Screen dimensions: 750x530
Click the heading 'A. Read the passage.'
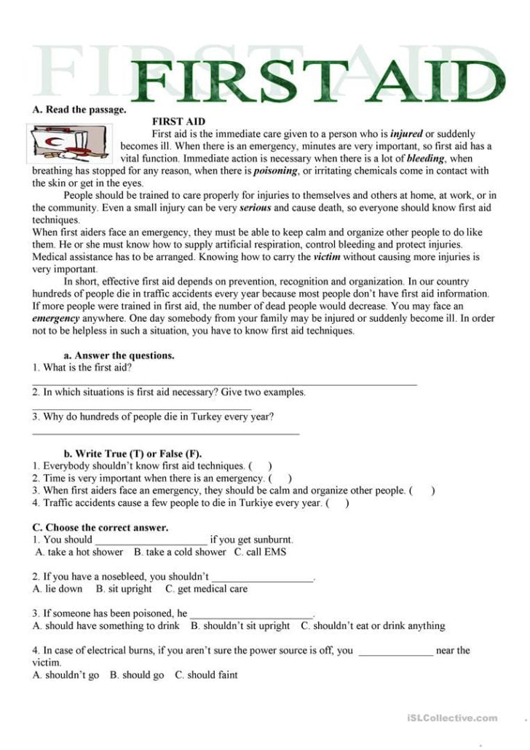pos(79,110)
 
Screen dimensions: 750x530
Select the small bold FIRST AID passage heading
pos(178,122)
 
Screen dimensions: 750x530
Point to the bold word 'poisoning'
pos(275,171)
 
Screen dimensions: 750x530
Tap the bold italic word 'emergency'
pos(56,318)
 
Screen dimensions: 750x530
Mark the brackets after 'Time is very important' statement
pos(280,478)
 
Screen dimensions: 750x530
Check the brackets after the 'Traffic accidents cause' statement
pos(337,502)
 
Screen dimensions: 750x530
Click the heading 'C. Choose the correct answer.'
pos(100,527)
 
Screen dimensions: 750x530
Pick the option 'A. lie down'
pos(58,588)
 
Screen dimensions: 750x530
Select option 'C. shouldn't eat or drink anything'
pos(373,625)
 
